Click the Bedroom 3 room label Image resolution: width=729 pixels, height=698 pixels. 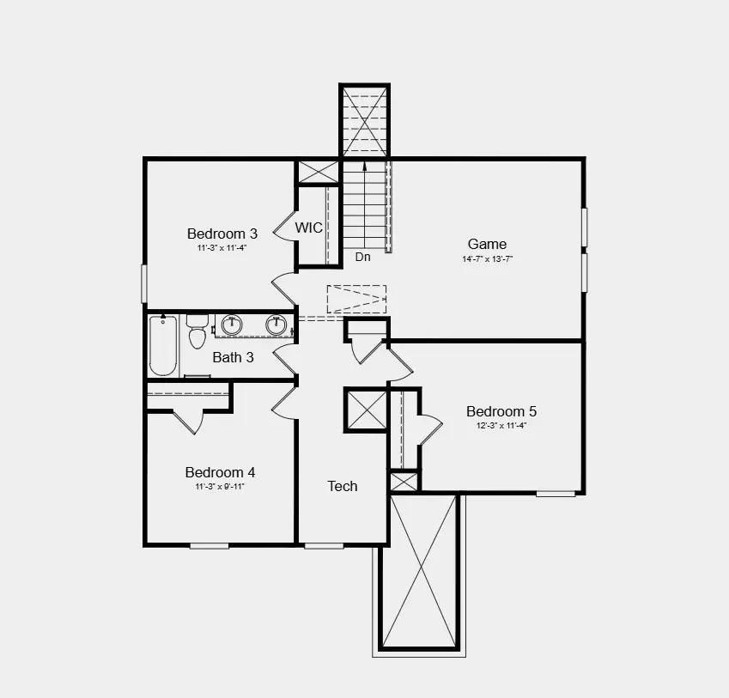(222, 233)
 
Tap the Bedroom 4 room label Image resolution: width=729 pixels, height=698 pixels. (220, 472)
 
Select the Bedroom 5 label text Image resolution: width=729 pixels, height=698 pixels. (501, 410)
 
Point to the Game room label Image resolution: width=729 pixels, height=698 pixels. (487, 244)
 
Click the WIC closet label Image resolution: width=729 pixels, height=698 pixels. (309, 228)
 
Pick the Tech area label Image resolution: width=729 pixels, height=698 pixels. (343, 486)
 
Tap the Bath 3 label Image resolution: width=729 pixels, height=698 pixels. (233, 357)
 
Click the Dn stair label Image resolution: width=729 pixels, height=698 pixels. (363, 257)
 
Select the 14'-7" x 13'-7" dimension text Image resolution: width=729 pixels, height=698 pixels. (487, 258)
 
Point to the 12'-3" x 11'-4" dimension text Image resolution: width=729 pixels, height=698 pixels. (501, 425)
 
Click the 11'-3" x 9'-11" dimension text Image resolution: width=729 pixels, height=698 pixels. (220, 487)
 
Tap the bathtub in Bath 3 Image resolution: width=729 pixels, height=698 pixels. (163, 345)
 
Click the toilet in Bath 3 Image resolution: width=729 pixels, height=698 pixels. (197, 331)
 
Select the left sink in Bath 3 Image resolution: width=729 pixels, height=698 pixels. (232, 325)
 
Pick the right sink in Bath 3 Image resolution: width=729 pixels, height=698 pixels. (276, 325)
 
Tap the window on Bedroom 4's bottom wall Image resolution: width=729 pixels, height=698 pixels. (210, 545)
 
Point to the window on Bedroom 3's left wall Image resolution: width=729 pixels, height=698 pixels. (143, 282)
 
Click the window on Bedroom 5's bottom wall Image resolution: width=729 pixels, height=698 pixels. (556, 494)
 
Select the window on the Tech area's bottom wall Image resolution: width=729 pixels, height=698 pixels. (324, 545)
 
